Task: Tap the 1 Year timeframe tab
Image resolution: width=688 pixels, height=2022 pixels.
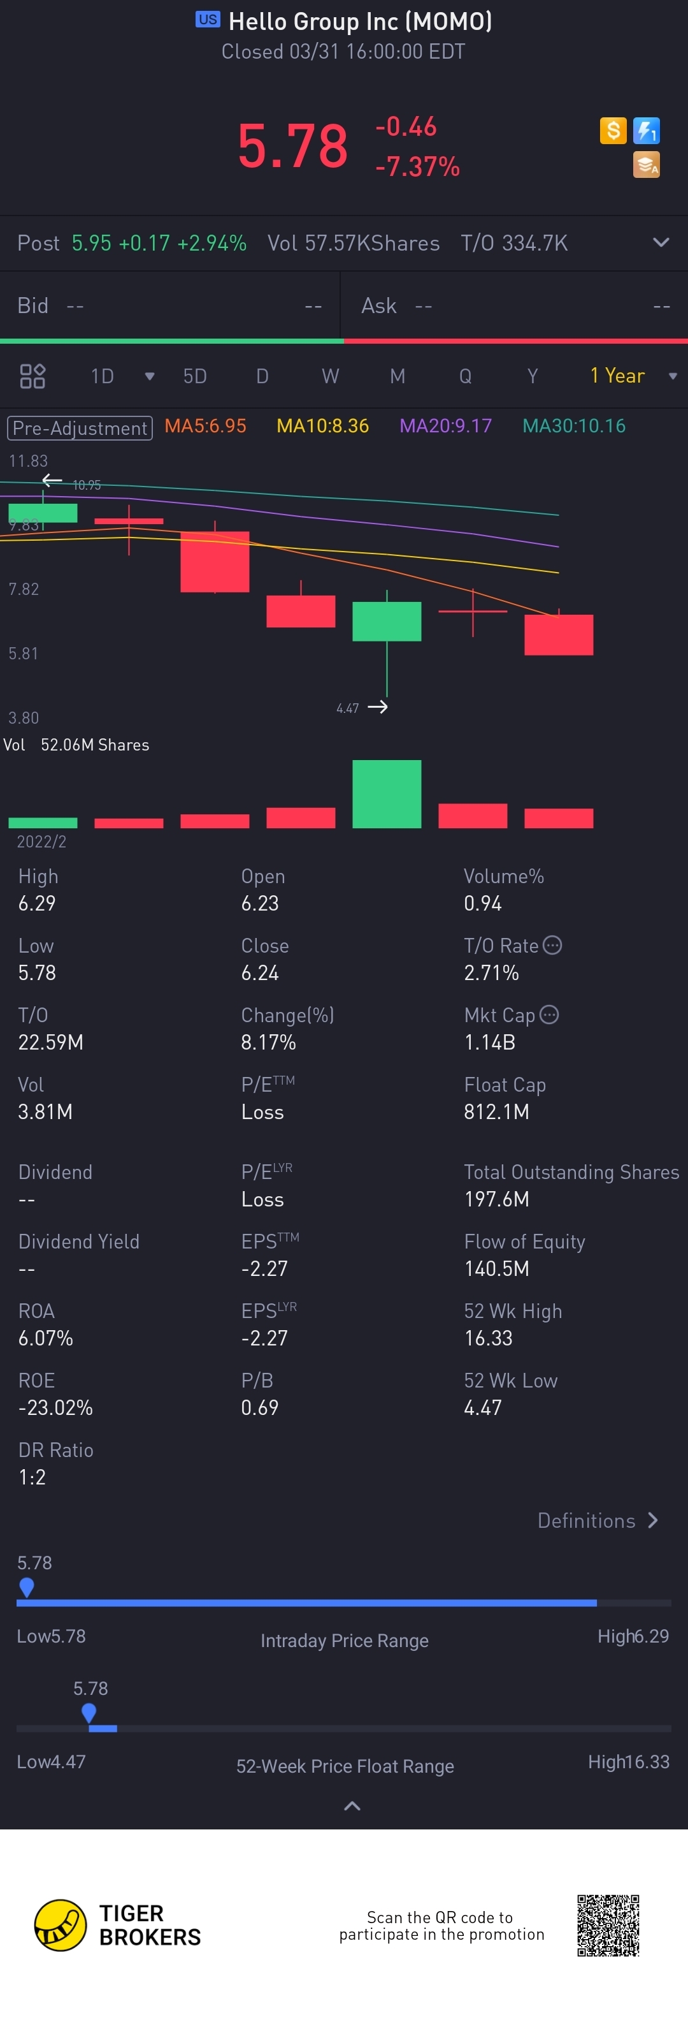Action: tap(617, 376)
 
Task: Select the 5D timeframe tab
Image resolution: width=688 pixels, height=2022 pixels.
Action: tap(194, 376)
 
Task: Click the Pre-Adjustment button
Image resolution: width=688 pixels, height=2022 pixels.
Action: tap(80, 428)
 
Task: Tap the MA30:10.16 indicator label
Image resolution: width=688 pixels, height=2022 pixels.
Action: tap(573, 426)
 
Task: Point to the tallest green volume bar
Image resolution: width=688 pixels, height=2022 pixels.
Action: tap(386, 794)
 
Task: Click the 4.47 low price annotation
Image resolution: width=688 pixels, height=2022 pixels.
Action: tap(348, 708)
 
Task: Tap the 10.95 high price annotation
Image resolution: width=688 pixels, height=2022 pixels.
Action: tap(86, 485)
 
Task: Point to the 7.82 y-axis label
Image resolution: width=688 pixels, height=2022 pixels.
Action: tap(24, 589)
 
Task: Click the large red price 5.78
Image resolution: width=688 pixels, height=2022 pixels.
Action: tap(292, 146)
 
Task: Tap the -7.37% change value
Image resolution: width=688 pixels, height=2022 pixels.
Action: tap(417, 166)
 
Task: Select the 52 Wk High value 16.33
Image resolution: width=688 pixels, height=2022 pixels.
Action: tap(488, 1338)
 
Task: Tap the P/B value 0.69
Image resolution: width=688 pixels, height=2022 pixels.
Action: tap(260, 1407)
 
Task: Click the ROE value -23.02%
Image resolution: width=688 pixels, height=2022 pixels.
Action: tap(55, 1407)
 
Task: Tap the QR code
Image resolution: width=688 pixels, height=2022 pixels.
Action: tap(608, 1926)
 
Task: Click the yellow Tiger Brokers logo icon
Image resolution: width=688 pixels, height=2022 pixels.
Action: tap(61, 1926)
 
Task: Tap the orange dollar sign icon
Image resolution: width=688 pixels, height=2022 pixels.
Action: tap(613, 130)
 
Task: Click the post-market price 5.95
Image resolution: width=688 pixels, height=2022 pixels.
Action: tap(91, 244)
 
